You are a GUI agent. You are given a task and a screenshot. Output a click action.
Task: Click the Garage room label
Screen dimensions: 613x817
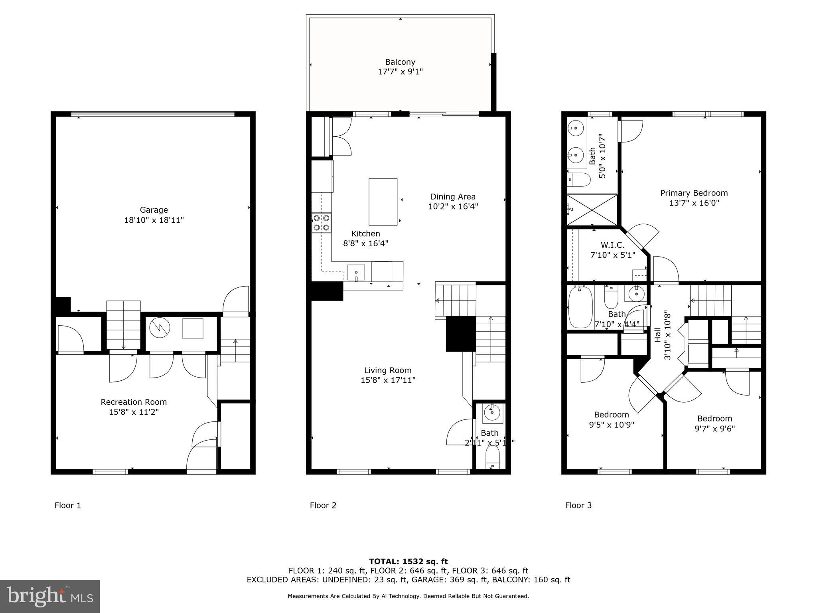point(154,210)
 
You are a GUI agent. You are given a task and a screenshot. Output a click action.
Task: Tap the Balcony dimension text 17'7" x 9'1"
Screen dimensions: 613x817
point(400,72)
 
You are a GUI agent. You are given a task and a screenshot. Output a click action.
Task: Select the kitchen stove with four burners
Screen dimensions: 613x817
point(322,223)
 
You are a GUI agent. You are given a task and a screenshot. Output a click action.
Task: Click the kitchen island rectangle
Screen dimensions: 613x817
point(383,202)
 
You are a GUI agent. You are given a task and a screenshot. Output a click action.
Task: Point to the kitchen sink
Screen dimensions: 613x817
point(356,273)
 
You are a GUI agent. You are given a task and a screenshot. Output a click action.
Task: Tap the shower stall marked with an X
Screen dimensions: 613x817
point(592,210)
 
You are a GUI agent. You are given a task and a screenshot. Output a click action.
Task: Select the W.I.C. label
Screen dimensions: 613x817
point(612,245)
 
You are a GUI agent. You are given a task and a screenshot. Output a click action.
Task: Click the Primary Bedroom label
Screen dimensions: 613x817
point(694,193)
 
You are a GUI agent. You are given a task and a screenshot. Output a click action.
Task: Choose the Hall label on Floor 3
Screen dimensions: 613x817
point(658,335)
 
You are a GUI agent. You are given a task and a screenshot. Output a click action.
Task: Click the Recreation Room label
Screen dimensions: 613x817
point(134,402)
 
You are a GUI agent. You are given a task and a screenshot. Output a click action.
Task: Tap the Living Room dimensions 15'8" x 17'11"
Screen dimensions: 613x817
point(388,380)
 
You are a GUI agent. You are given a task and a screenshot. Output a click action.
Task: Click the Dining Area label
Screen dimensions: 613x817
point(453,197)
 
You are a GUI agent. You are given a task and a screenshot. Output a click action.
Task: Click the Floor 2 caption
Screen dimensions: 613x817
point(323,505)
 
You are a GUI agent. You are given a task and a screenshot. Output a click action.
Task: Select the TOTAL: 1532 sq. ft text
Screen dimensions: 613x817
point(408,562)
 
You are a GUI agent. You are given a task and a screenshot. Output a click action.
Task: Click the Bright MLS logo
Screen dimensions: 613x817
point(50,596)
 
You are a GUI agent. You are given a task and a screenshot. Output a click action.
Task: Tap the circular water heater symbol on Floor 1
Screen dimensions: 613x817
point(160,328)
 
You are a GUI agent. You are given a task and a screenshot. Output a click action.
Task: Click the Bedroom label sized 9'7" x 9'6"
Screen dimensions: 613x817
point(714,419)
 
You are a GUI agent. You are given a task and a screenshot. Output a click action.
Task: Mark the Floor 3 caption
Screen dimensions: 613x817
point(578,505)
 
